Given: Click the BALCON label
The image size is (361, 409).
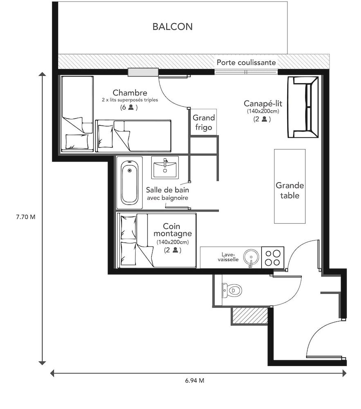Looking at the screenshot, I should [x=172, y=27].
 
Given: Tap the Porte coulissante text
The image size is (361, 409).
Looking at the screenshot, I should [x=246, y=63].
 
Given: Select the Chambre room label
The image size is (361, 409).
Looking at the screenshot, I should [x=130, y=93].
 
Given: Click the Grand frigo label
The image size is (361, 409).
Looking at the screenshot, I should [x=204, y=122].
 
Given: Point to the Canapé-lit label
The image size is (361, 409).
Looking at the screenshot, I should [x=263, y=103].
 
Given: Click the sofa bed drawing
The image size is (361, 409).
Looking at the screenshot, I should [x=303, y=107].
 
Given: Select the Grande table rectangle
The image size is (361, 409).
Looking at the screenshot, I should [x=289, y=186].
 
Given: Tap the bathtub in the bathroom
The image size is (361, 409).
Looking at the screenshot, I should [x=129, y=182].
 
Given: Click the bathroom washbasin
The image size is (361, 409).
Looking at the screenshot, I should [x=165, y=168].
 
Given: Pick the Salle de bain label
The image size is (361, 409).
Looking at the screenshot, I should [x=168, y=190].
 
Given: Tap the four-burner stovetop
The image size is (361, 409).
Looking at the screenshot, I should [x=272, y=258].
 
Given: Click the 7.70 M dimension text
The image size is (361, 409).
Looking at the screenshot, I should [x=23, y=217].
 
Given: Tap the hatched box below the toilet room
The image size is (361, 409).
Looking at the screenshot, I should [x=249, y=316].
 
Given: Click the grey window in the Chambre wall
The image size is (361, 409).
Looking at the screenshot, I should [x=143, y=72].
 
